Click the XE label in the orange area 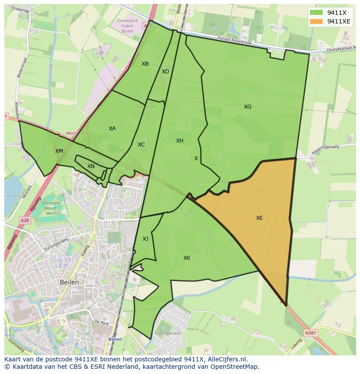[x=259, y=218]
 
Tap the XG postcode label [x=247, y=107]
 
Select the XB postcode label [x=145, y=64]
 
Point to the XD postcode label [x=165, y=72]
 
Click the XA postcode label [x=112, y=129]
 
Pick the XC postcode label [x=141, y=145]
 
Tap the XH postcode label [x=180, y=141]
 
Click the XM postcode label [x=59, y=151]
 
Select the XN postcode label [x=91, y=166]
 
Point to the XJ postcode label [x=145, y=238]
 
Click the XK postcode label [x=187, y=258]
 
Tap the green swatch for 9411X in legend [x=316, y=13]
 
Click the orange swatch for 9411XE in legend [x=316, y=21]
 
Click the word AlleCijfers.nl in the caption [x=226, y=359]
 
